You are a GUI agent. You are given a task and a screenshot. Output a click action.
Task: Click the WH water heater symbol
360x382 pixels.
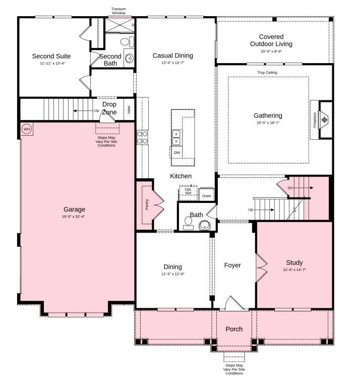(x=27, y=129)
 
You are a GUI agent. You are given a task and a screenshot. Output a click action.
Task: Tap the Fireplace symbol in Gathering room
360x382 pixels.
(x=325, y=120)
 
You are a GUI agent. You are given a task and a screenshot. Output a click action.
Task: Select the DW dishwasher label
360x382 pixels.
(x=177, y=152)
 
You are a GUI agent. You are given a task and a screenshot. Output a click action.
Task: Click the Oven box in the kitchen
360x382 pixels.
(x=206, y=195)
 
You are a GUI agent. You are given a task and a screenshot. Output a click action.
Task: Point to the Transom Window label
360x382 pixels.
(x=119, y=11)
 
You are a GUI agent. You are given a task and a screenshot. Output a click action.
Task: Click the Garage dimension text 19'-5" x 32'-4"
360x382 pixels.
(x=74, y=217)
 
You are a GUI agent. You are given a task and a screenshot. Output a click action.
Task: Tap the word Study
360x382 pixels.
(x=294, y=262)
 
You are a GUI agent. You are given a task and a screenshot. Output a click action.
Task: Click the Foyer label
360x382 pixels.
(x=232, y=265)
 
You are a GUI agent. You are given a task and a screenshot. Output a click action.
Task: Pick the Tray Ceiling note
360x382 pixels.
(x=267, y=73)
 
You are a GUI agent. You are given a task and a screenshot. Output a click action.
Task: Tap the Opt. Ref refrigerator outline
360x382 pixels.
(x=188, y=192)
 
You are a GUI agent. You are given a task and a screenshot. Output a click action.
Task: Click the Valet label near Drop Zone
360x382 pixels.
(x=129, y=110)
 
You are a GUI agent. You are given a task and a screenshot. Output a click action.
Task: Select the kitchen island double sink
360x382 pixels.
(x=177, y=136)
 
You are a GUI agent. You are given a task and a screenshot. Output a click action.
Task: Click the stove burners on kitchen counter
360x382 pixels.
(x=142, y=137)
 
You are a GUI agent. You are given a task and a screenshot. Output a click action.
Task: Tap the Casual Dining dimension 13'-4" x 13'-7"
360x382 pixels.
(x=173, y=63)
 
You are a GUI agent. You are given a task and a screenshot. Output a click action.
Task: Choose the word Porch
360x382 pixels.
(x=234, y=329)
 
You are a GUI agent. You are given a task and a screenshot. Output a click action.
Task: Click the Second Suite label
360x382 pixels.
(x=51, y=56)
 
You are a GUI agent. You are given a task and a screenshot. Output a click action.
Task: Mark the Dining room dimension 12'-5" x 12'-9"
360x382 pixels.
(x=172, y=274)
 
